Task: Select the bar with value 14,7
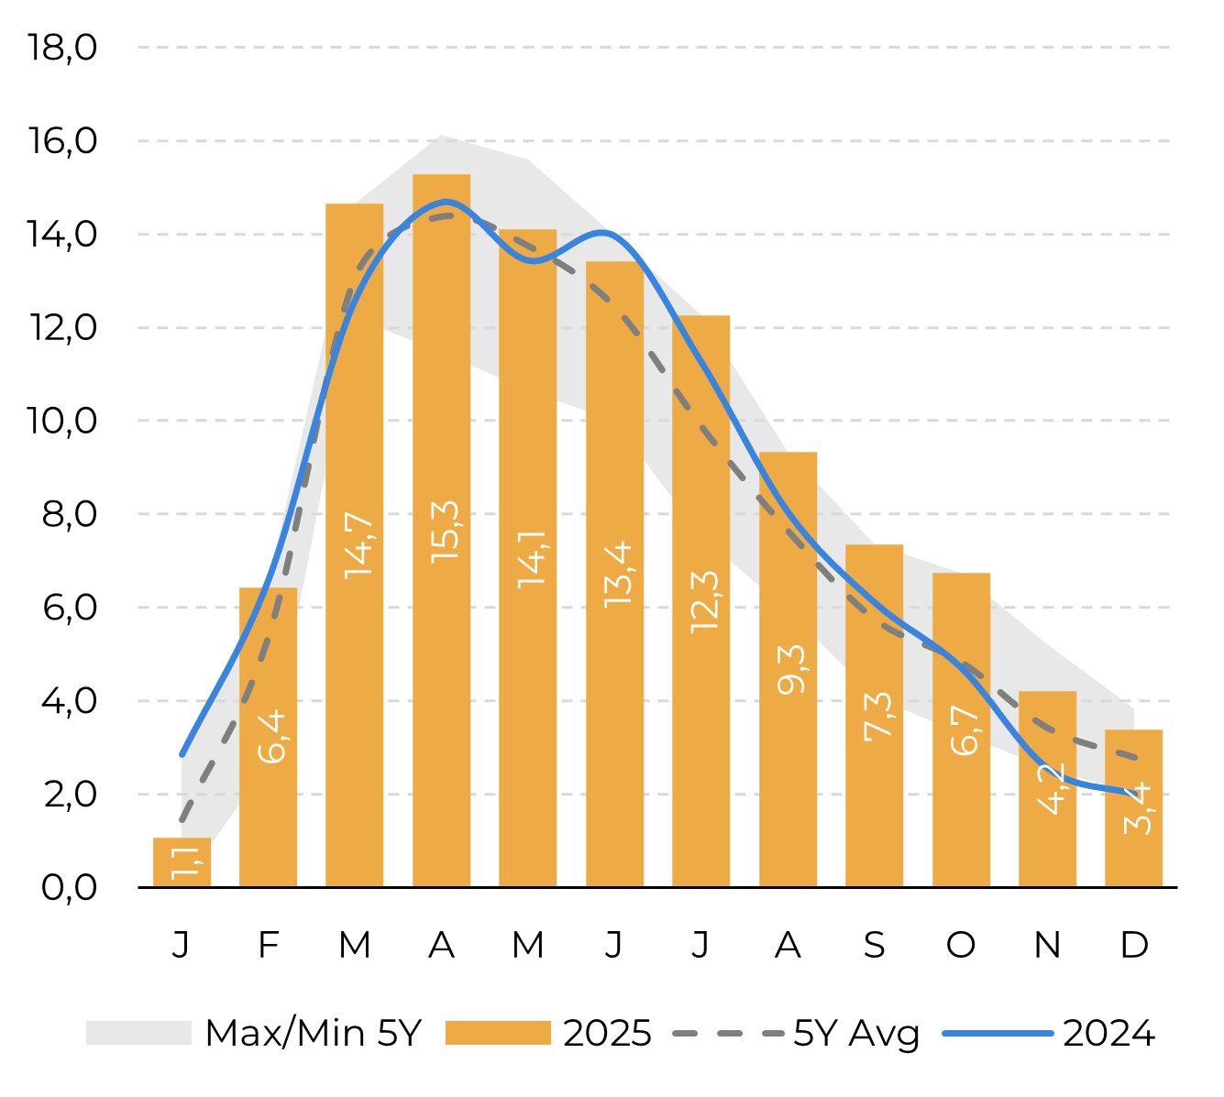pos(355,544)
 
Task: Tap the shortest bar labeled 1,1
pos(182,862)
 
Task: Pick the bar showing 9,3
pos(788,669)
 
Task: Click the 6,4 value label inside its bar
pos(272,738)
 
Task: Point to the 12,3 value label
pos(705,601)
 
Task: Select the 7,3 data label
pos(878,715)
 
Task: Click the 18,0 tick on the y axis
pos(62,47)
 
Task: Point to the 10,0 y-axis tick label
pos(62,421)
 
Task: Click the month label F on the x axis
pos(268,944)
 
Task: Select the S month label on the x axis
pos(874,944)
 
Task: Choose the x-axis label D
pos(1134,944)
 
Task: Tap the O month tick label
pos(961,944)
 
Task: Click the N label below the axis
pos(1047,944)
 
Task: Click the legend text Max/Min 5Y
pos(313,1033)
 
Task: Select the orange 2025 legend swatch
pos(498,1033)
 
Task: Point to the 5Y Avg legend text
pos(856,1033)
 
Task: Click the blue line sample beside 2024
pos(998,1033)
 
